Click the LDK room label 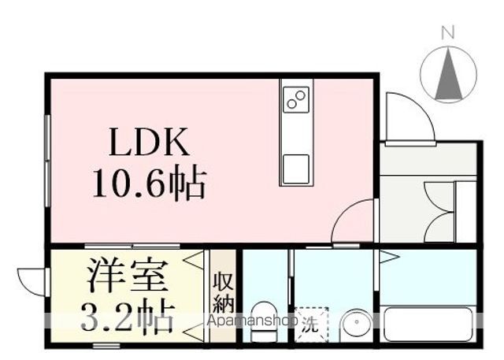pyautogui.click(x=149, y=142)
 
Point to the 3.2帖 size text pyautogui.click(x=128, y=315)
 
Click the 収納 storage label pyautogui.click(x=223, y=292)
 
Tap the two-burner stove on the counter pyautogui.click(x=296, y=99)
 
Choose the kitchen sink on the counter pyautogui.click(x=296, y=169)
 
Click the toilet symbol pyautogui.click(x=264, y=321)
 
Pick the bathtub pyautogui.click(x=428, y=325)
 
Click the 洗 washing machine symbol pyautogui.click(x=312, y=325)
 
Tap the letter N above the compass pyautogui.click(x=448, y=33)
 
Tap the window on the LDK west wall pyautogui.click(x=48, y=161)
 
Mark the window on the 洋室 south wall pyautogui.click(x=106, y=346)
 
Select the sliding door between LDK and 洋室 pyautogui.click(x=132, y=247)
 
